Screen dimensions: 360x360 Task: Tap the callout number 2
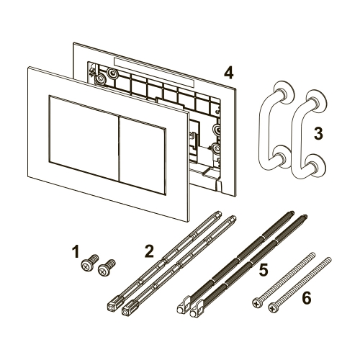click(149, 251)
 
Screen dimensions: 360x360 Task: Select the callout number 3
click(318, 133)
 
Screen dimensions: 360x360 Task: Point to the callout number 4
click(228, 73)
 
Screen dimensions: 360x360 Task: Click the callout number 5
click(264, 269)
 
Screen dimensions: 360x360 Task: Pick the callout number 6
click(307, 297)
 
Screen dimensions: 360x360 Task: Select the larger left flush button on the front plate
click(84, 138)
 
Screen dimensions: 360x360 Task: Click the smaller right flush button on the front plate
click(143, 156)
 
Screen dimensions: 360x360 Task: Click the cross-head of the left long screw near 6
click(256, 304)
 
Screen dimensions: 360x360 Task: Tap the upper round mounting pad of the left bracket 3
click(284, 92)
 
